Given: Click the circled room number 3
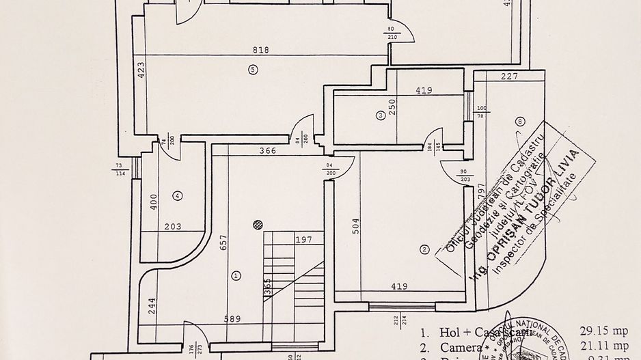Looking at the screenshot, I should tap(380, 115).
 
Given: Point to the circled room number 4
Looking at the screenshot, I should tap(178, 196).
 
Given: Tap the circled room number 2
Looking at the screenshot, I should tap(424, 250).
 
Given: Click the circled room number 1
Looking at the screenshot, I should tap(236, 276).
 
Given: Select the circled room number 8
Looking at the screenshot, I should tap(521, 122).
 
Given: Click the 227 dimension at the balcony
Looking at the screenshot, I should tap(507, 77).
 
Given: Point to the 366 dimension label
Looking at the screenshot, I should tap(268, 151).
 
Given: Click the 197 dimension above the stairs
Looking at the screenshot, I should tap(304, 240).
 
